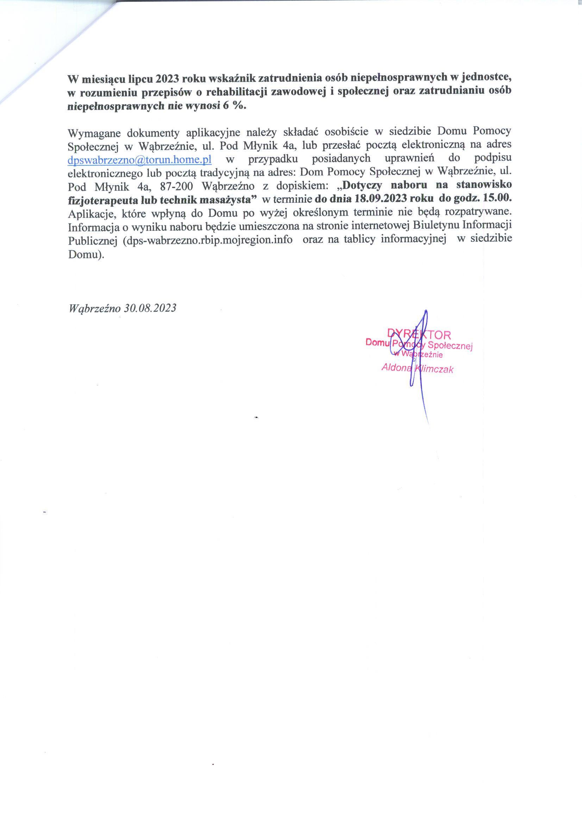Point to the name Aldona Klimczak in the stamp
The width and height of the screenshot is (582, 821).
417,368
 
